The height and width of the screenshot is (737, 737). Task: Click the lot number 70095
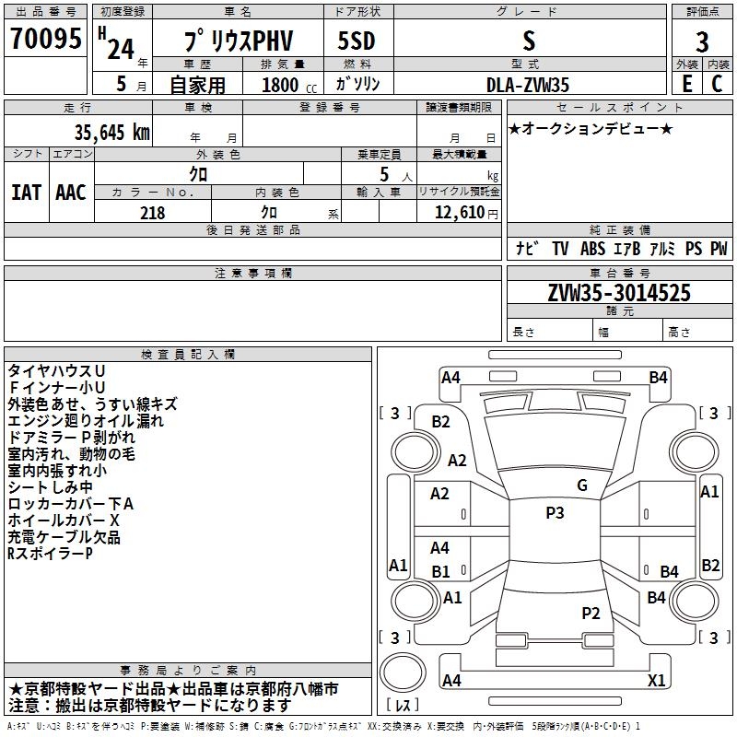click(45, 39)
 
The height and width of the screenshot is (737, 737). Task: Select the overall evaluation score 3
click(702, 41)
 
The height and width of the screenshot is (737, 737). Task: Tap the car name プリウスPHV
click(236, 41)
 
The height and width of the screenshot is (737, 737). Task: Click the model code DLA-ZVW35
click(528, 85)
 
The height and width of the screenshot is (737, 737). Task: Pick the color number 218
click(152, 213)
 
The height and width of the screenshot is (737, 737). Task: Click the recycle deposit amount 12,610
click(461, 213)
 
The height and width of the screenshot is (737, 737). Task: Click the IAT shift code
click(26, 193)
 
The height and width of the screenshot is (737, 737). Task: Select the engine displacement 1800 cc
click(287, 85)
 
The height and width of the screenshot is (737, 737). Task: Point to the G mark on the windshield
click(581, 485)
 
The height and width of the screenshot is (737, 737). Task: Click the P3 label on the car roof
click(555, 513)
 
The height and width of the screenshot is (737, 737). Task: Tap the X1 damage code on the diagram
click(657, 681)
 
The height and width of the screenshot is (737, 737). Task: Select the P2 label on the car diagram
click(591, 613)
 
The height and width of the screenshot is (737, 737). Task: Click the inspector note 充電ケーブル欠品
click(64, 537)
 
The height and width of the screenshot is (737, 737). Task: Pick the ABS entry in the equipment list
click(592, 249)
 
